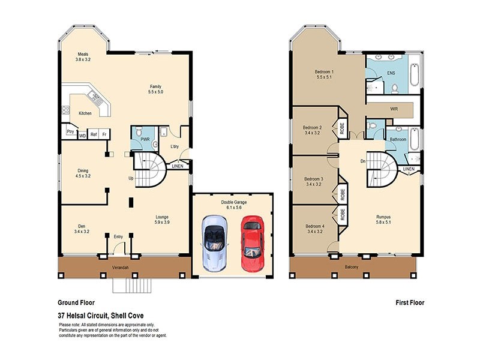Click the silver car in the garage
214,242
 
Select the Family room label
156,86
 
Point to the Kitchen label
85,113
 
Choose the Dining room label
83,170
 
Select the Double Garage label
233,203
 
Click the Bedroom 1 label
324,72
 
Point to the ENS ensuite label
391,73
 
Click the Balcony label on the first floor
352,267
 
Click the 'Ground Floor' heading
76,303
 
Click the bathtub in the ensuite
417,76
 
